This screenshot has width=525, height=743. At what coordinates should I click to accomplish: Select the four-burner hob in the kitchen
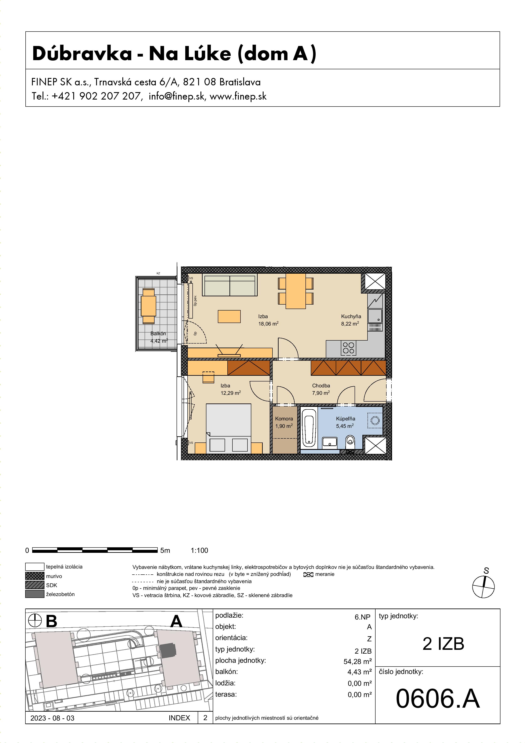348,348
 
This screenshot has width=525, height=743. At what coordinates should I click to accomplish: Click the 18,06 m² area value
268,323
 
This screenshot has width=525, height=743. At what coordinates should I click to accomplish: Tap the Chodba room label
321,385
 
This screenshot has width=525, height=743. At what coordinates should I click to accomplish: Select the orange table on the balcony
148,306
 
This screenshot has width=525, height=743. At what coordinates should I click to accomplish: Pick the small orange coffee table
229,316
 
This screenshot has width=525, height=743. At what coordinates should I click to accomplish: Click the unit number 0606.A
437,699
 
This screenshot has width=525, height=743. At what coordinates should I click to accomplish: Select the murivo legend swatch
35,576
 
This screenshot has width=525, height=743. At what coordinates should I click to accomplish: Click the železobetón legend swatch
35,594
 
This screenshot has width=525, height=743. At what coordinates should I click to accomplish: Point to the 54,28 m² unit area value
357,661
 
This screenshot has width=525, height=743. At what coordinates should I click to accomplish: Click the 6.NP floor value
362,617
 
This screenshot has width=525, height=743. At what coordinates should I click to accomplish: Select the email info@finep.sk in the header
177,96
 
